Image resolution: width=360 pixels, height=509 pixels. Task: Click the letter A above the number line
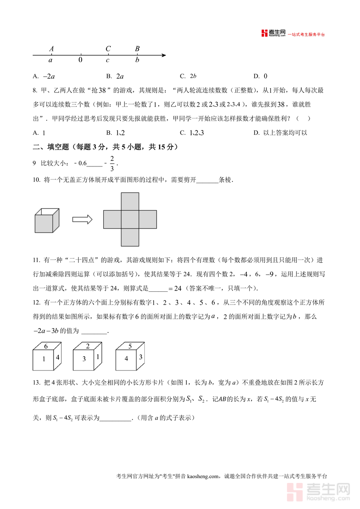pos(52,49)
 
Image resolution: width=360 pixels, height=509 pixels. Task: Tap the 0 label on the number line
pos(80,60)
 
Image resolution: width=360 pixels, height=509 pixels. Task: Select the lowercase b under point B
pos(137,60)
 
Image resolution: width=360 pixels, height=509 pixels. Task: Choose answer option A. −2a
pos(44,76)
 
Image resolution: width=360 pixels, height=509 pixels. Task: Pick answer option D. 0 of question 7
pos(260,76)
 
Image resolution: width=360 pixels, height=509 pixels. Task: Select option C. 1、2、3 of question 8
pos(192,133)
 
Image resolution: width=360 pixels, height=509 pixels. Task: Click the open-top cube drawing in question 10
pos(47,220)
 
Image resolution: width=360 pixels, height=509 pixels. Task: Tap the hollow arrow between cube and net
pos(82,219)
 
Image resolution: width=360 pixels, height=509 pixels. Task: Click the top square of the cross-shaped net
pos(130,201)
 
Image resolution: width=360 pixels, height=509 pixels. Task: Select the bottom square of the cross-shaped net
pos(130,237)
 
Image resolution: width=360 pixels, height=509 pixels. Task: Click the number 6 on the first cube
pos(46,347)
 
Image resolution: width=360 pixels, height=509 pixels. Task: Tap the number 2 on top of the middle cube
pos(88,347)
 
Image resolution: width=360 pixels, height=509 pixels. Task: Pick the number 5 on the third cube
pos(130,347)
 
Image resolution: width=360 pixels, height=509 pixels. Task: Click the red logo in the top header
pos(264,34)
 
